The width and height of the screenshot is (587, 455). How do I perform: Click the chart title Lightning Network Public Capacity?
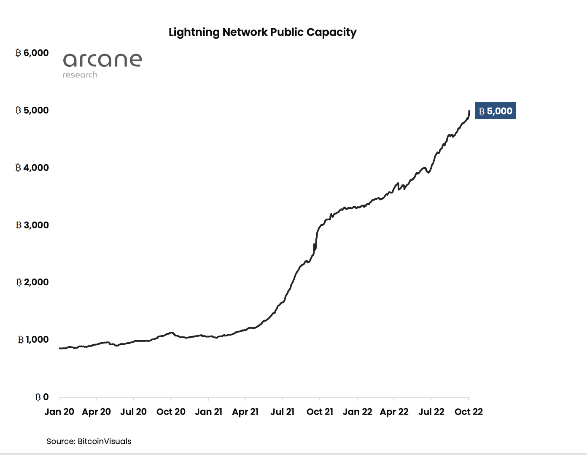coord(262,32)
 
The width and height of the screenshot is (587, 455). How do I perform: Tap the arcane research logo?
coord(102,65)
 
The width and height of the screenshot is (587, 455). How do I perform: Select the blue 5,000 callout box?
coord(495,111)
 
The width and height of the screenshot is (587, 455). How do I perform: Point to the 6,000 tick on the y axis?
coord(32,53)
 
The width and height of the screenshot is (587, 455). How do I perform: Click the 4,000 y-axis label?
coord(32,168)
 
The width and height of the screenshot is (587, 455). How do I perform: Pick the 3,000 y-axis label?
coord(32,225)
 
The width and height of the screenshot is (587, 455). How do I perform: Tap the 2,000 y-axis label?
coord(32,282)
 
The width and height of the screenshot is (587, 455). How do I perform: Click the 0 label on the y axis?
coord(42,397)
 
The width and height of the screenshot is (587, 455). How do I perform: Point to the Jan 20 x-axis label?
coord(59,412)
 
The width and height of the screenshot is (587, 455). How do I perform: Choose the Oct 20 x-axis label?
coord(171,412)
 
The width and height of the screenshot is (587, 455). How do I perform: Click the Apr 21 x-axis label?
coord(245,412)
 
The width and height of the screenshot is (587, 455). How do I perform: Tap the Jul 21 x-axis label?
coord(282,412)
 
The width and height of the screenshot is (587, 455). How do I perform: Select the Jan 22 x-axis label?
coord(357,412)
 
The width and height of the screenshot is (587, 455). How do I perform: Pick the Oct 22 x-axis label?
coord(469,412)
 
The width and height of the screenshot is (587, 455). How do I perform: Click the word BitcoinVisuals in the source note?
coord(105,441)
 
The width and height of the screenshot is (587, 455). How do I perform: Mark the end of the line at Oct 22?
coord(469,111)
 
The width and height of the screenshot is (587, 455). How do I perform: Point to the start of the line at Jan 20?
coord(60,348)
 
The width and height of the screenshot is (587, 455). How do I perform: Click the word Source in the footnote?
coord(60,441)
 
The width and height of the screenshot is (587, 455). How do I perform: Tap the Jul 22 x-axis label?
coord(431,412)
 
